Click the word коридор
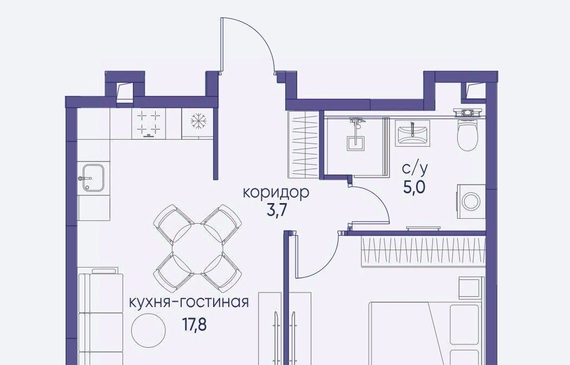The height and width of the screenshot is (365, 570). click(276, 193)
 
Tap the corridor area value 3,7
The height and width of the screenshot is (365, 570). click(275, 211)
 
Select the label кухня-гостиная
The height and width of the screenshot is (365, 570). click(189, 302)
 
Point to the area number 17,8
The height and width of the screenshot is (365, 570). click(194, 324)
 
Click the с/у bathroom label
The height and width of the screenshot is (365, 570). click(415, 169)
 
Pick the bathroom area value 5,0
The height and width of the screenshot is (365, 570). click(414, 187)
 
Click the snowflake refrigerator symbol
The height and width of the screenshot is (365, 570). click(199, 121)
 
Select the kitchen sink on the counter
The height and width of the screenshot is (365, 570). click(92, 177)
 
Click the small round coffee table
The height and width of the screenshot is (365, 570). click(148, 330)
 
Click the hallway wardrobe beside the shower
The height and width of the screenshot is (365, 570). click(303, 145)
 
